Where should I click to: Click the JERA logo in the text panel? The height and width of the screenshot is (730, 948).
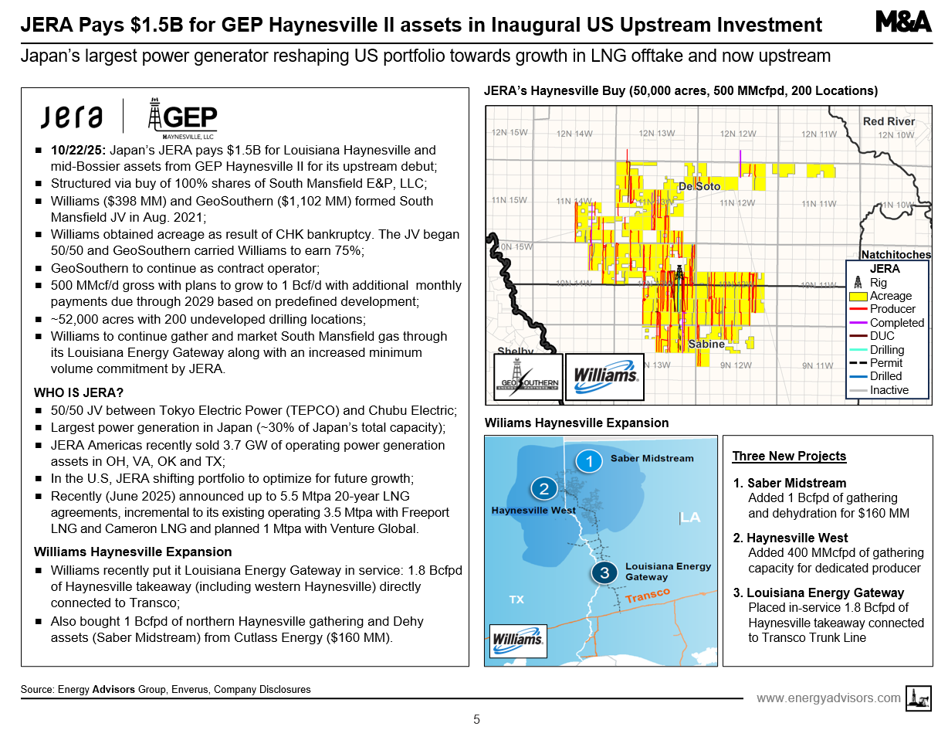72,117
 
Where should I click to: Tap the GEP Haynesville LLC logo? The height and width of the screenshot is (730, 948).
182,120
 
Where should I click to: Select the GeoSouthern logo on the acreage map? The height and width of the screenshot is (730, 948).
527,378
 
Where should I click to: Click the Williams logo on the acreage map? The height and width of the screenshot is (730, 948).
605,376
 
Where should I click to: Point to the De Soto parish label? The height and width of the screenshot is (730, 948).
699,186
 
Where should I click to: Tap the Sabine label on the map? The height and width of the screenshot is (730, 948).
706,344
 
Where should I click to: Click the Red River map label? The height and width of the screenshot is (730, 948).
889,121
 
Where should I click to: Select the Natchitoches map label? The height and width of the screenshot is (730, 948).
896,254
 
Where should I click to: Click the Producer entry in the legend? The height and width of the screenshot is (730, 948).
892,309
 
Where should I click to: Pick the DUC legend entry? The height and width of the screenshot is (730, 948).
882,336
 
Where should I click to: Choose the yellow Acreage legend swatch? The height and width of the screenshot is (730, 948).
858,296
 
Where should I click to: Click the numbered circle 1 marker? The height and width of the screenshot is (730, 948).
589,461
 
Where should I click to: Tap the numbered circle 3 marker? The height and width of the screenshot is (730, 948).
604,572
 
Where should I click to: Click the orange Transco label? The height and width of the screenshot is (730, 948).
648,596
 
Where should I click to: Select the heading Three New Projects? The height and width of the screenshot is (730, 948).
789,456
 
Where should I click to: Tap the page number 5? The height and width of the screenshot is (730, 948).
476,719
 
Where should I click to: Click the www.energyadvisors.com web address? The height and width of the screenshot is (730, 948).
828,698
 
